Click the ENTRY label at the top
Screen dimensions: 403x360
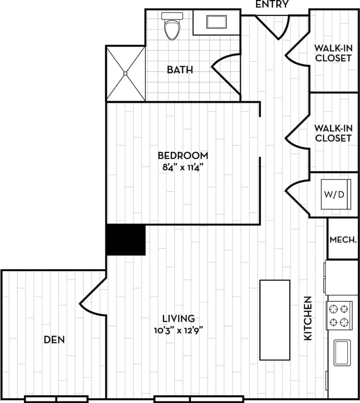coord(272,4)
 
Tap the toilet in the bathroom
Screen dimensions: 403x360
coord(172,27)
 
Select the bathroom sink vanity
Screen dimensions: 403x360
coord(216,22)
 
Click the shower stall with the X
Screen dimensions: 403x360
coord(125,73)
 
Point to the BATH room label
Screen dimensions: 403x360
coord(180,70)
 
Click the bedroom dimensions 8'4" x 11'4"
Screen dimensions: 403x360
coord(183,167)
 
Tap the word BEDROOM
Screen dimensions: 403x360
coord(183,155)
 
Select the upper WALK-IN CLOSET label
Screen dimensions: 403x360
coord(333,53)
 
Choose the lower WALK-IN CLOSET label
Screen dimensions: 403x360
coord(333,133)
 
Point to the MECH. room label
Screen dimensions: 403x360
coord(343,240)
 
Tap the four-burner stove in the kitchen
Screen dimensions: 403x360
coord(339,316)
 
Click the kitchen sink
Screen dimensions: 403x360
coord(342,352)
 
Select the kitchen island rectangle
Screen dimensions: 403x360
coord(274,320)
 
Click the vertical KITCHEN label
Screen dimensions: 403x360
coord(308,318)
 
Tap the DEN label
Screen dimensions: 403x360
coord(54,340)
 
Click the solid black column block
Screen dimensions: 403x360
coord(126,240)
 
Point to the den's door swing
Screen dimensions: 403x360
coord(92,296)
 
